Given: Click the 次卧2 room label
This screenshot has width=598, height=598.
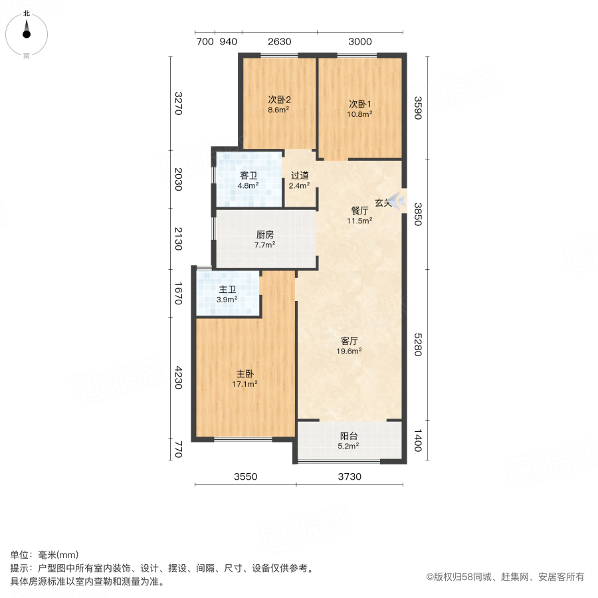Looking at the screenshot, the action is (279, 100).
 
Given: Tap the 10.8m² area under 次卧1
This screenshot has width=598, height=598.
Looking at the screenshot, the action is (359, 114).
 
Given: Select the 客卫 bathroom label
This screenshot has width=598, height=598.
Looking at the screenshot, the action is (249, 175).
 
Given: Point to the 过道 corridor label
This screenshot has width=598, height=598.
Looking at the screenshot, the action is (300, 175).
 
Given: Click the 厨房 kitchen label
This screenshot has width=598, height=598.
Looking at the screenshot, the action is (264, 235).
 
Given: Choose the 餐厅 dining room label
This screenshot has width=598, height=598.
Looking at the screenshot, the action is (359, 210).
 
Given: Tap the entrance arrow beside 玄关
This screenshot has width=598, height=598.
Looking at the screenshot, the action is (398, 200).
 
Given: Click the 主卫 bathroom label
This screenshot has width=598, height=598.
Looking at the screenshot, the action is (227, 290).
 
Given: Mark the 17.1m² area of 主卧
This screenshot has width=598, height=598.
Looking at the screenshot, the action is (245, 384).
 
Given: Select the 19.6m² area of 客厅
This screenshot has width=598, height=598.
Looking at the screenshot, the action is (349, 351).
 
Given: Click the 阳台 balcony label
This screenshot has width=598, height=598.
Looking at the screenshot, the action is (349, 436).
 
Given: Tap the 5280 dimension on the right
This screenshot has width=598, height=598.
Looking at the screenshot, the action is (418, 345).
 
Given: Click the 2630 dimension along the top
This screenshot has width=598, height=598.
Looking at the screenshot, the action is (280, 42).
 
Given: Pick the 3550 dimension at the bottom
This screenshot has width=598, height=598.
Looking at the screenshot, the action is (246, 476).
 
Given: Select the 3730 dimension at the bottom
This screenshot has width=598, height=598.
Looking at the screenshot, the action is (349, 476).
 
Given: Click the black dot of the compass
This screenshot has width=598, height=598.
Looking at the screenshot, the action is (27, 35).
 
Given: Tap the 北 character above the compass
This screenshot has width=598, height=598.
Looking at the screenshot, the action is (27, 13).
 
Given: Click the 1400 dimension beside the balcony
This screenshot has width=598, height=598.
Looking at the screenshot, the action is (418, 441).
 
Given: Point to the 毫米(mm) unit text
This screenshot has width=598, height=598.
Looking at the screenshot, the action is (58, 555).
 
